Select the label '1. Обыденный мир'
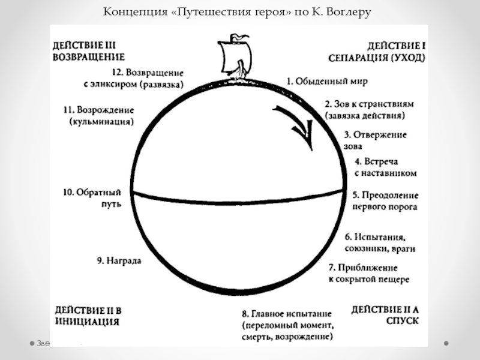click(326, 80)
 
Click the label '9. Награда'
click(119, 261)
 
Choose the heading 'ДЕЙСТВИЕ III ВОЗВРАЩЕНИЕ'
click(88, 52)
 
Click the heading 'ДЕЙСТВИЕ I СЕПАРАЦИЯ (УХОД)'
click(377, 52)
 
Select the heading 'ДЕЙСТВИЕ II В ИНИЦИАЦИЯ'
click(88, 316)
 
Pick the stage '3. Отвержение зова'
click(375, 140)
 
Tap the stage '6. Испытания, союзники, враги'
click(380, 242)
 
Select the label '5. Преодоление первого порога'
click(385, 201)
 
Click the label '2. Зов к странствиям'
click(369, 103)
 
